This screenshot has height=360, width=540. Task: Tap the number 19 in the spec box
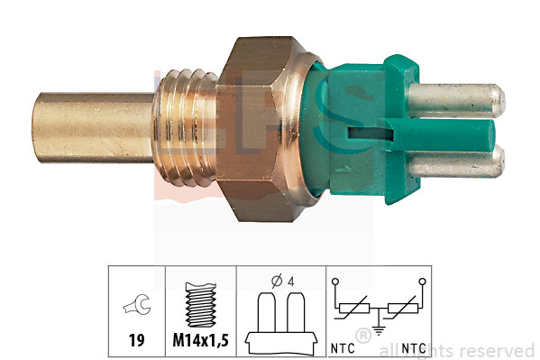(x=136, y=342)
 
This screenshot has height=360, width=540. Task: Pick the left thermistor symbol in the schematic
(x=355, y=309)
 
